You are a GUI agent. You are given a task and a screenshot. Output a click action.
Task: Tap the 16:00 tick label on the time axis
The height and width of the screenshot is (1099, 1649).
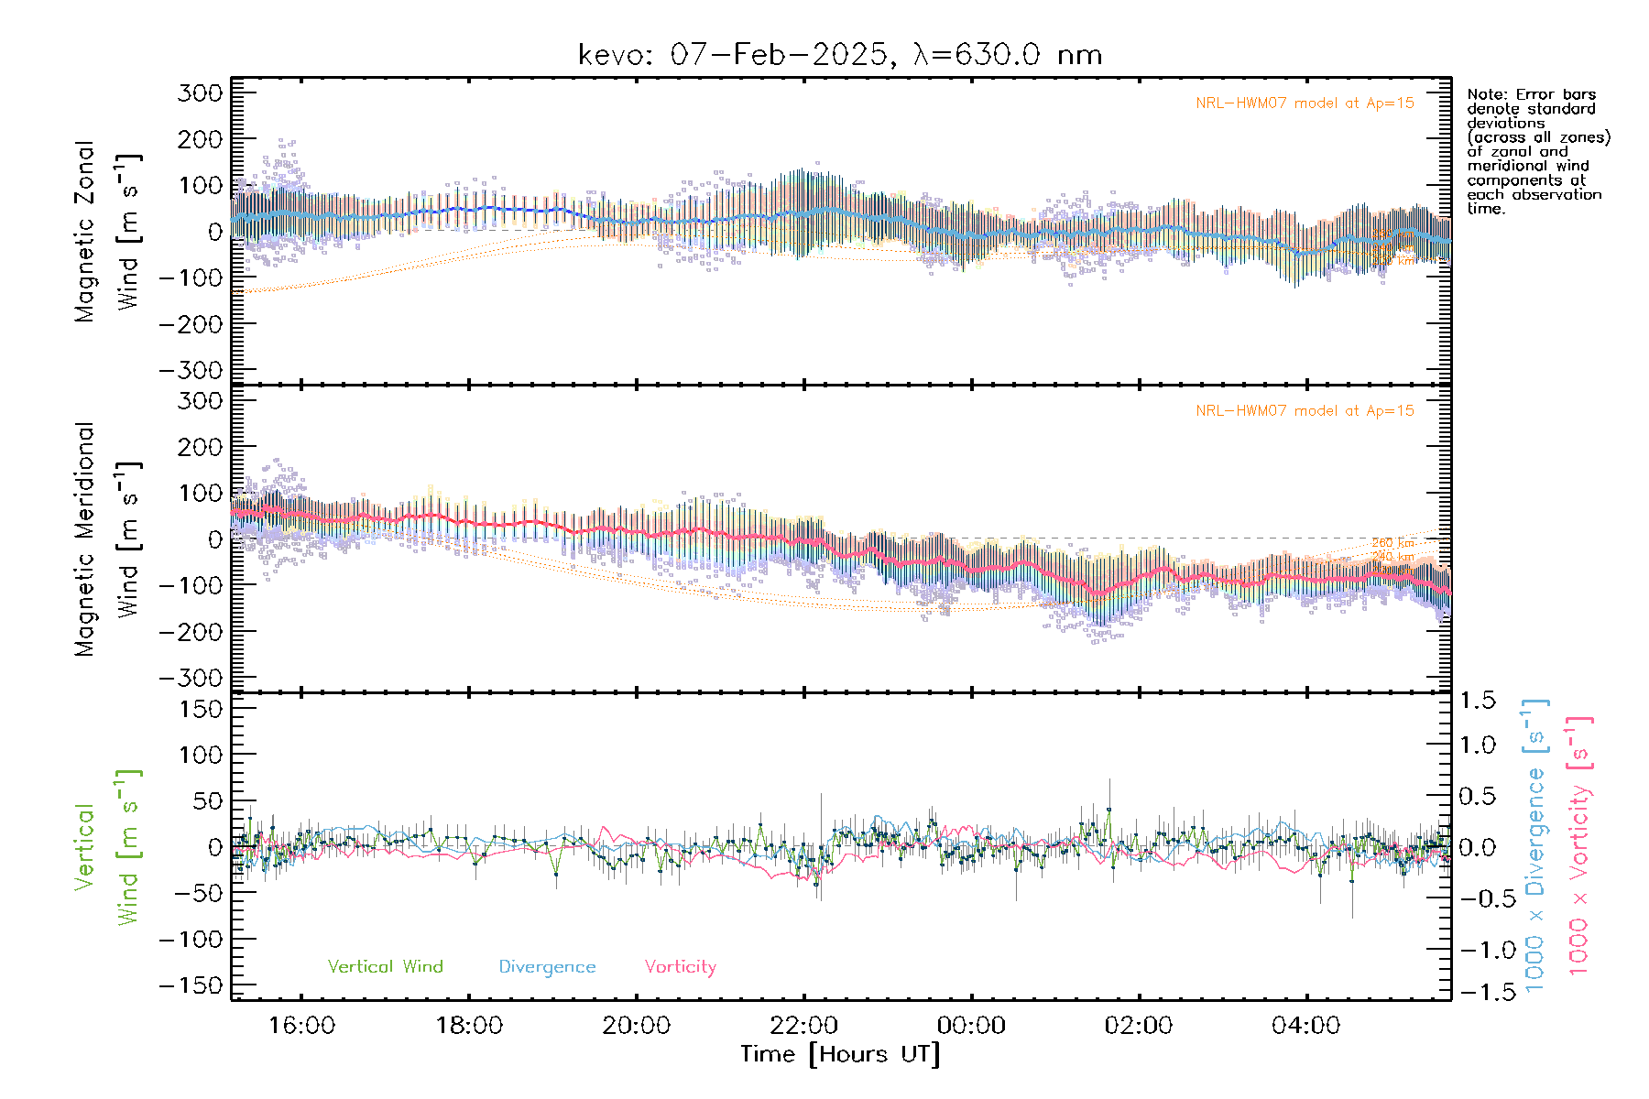point(301,1025)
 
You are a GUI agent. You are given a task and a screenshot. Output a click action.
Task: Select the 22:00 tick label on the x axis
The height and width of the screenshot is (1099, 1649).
point(803,1025)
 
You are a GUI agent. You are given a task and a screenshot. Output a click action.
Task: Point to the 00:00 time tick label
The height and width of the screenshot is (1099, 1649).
point(971,1025)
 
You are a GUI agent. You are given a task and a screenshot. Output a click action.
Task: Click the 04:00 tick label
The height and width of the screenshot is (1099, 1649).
point(1305,1025)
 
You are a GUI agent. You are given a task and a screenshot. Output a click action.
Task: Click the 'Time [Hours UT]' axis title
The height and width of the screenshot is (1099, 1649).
point(840,1054)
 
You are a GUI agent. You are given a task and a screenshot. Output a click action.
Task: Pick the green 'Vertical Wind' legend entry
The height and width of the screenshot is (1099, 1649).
point(385,966)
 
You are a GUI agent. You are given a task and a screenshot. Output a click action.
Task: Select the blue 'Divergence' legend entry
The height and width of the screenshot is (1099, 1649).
point(547,966)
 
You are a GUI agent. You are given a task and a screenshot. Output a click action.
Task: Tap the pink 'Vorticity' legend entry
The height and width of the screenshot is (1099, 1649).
point(680,966)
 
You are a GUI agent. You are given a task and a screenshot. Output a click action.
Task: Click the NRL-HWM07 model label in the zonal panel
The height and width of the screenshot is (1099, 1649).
point(1305,103)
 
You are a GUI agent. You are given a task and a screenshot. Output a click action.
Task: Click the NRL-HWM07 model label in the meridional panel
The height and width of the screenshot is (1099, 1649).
point(1305,410)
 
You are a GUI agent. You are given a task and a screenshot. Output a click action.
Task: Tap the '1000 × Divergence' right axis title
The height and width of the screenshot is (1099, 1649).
point(1535,845)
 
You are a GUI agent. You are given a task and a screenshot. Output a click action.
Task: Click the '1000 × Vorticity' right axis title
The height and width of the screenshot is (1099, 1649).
point(1579,845)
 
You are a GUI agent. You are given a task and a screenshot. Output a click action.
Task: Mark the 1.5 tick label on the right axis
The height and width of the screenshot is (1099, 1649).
point(1477,701)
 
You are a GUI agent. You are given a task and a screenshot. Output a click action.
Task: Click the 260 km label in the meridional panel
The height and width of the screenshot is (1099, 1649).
point(1392,543)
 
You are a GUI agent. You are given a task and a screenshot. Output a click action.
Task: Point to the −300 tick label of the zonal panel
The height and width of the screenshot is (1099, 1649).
point(191,370)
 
